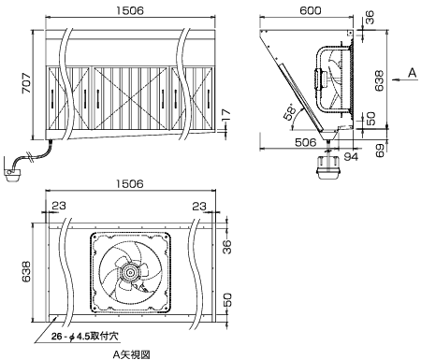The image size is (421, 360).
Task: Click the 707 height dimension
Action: (x=26, y=83)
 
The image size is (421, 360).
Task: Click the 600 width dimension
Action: (x=311, y=10)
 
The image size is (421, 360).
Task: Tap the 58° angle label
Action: (x=290, y=111)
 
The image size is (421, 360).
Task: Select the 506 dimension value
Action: (x=306, y=142)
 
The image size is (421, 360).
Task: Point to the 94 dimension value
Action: (x=351, y=156)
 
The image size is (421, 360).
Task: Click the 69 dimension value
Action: (x=380, y=151)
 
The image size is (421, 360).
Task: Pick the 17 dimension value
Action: (x=226, y=115)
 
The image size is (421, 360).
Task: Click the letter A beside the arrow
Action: (x=413, y=73)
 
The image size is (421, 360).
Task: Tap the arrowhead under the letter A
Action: (x=395, y=80)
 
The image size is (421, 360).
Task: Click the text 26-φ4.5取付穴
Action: (x=85, y=337)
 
